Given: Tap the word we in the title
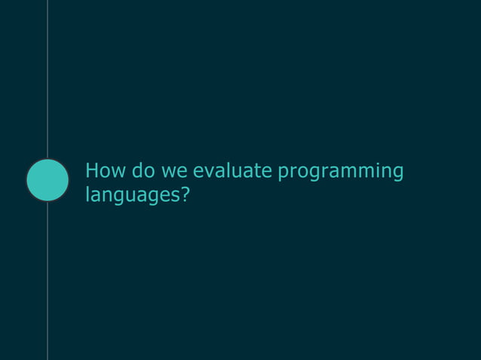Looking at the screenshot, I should pyautogui.click(x=175, y=172).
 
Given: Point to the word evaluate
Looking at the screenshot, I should pyautogui.click(x=232, y=172).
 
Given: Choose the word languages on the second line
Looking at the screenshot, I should pyautogui.click(x=132, y=196).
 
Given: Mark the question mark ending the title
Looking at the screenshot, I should pyautogui.click(x=185, y=194).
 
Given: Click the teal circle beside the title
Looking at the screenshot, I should pyautogui.click(x=47, y=180).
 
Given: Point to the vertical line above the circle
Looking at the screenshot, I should pyautogui.click(x=47, y=75).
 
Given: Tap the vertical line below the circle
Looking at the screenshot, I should pyautogui.click(x=47, y=286).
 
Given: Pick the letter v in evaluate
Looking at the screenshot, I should pyautogui.click(x=208, y=172).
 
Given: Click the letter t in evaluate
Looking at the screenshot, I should pyautogui.click(x=256, y=172).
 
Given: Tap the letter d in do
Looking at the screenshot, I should pyautogui.click(x=137, y=172).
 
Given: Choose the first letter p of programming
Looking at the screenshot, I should pyautogui.click(x=283, y=174).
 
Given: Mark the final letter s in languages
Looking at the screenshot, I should pyautogui.click(x=175, y=196).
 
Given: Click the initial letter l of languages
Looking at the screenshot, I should pyautogui.click(x=87, y=194).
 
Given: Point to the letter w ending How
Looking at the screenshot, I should pyautogui.click(x=118, y=172).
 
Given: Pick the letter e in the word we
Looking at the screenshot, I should pyautogui.click(x=183, y=172).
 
